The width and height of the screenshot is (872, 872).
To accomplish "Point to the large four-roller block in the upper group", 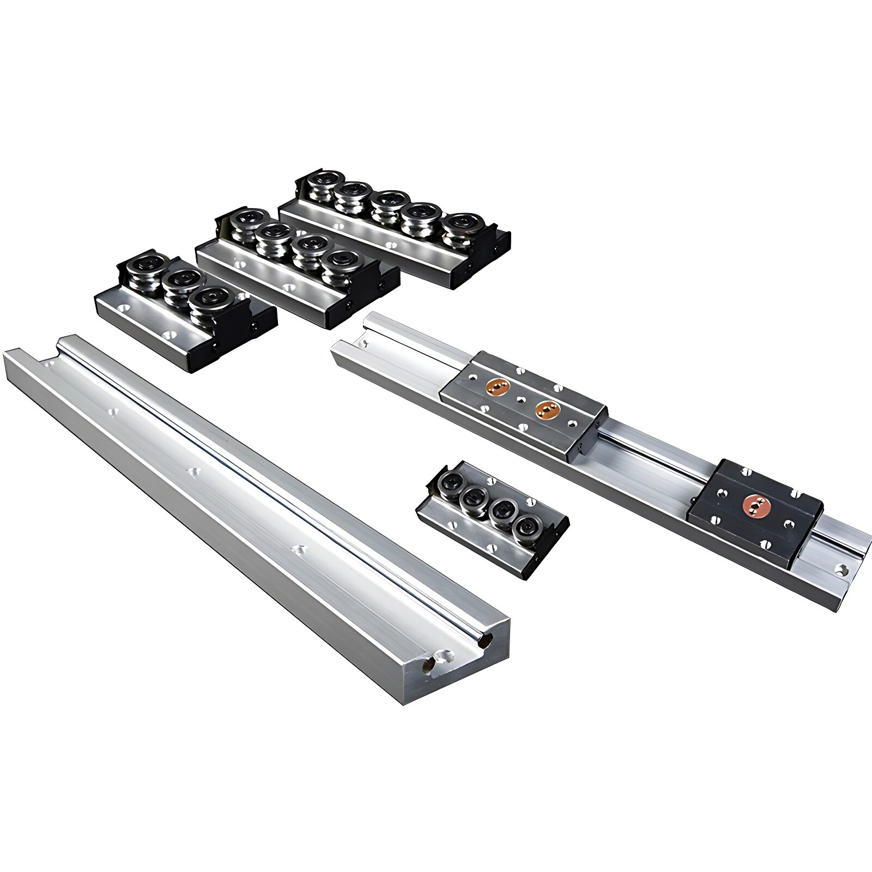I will point(297,267).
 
